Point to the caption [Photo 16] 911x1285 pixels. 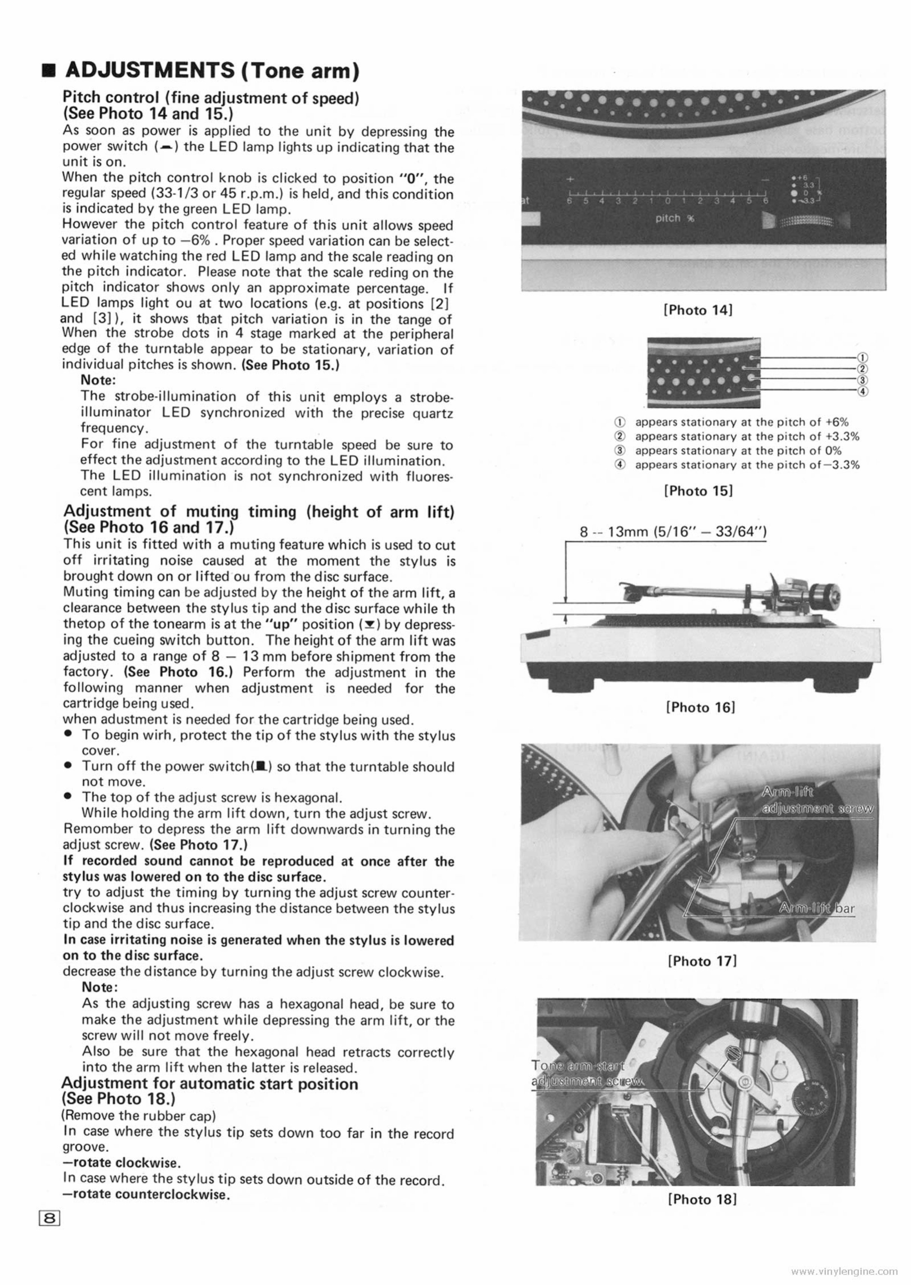pos(700,707)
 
